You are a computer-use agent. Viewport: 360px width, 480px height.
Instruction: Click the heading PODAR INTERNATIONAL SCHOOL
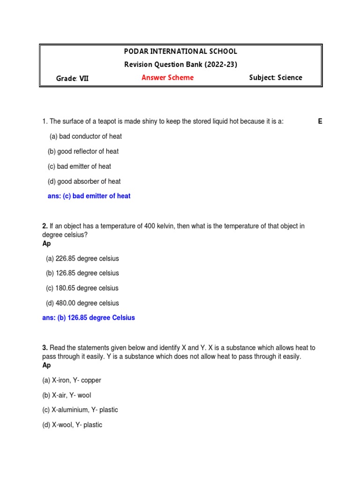click(180, 51)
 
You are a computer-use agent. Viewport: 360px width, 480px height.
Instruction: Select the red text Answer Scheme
click(167, 78)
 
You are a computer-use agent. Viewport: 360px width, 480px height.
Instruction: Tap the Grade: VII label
click(72, 78)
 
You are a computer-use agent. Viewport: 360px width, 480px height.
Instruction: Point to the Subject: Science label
click(276, 78)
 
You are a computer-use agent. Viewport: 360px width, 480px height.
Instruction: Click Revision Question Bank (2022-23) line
click(180, 64)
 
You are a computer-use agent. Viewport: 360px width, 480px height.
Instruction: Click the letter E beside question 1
click(320, 121)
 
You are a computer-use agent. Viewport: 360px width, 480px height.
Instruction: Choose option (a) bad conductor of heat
click(86, 136)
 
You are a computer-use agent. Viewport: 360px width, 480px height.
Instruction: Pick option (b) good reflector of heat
click(83, 151)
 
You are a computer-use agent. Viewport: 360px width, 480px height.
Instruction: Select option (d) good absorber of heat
click(84, 181)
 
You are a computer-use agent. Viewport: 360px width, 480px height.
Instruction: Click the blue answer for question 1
click(89, 196)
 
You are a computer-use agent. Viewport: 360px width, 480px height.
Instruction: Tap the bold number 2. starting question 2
click(45, 226)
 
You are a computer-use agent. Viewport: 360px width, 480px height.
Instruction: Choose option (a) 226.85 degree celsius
click(82, 258)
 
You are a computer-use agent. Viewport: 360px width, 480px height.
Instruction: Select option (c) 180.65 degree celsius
click(82, 288)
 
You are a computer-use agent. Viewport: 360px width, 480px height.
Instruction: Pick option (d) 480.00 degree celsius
click(82, 303)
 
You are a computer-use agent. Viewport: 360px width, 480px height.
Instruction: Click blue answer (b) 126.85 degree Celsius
click(89, 318)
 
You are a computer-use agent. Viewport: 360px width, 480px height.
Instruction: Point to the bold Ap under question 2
click(46, 244)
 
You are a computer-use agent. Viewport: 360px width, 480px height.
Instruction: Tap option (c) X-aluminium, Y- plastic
click(80, 410)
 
